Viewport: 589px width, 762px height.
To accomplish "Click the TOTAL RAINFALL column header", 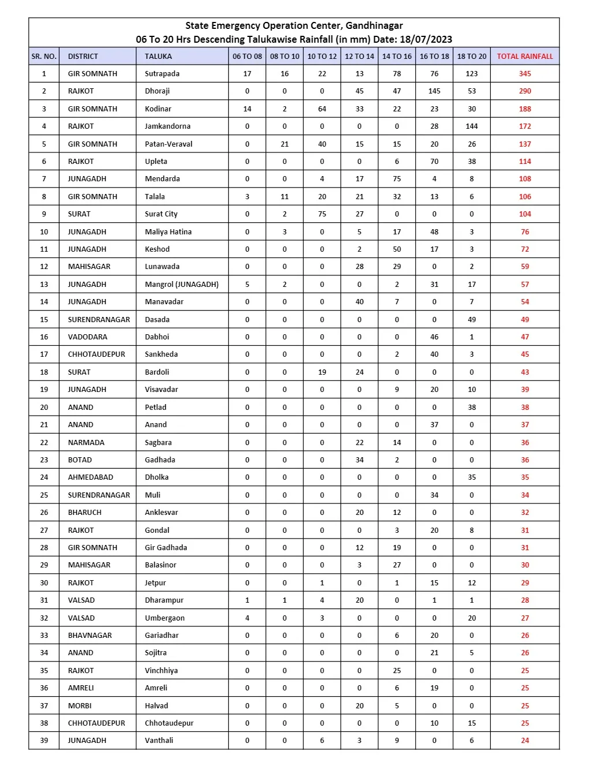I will click(524, 56).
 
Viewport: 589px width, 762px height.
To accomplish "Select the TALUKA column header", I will click(158, 56).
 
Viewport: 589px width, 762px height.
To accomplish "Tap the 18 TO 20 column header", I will click(471, 56).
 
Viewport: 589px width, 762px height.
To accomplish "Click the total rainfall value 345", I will click(524, 73).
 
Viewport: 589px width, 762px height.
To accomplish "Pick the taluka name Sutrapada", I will click(162, 73).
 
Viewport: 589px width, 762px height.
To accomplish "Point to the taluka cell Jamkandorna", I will click(167, 126).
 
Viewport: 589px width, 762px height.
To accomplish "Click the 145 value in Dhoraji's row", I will click(434, 91).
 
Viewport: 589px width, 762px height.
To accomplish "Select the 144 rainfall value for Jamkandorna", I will click(471, 126).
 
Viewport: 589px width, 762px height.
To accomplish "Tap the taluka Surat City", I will click(161, 214).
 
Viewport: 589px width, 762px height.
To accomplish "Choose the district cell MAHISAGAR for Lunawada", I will click(89, 266).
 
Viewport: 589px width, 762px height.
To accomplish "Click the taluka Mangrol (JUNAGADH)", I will click(181, 284).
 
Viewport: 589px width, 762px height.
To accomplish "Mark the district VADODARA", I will click(87, 337).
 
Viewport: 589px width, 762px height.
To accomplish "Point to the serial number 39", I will click(44, 740).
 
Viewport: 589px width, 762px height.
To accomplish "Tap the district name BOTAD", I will click(80, 460).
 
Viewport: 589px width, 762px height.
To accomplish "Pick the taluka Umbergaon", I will click(165, 618).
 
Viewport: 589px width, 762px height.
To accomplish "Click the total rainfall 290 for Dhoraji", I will click(524, 91).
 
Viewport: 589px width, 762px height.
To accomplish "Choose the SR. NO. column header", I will click(44, 56).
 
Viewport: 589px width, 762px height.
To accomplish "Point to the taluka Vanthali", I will click(159, 740).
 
